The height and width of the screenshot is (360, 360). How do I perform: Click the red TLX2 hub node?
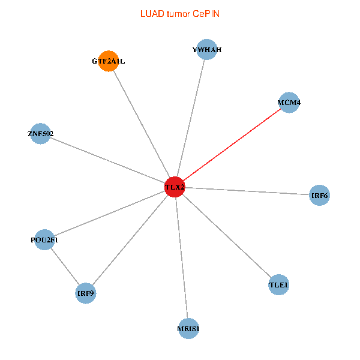(x=175, y=187)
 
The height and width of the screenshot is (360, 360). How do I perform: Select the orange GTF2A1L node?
(x=108, y=61)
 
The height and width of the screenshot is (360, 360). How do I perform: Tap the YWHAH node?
(x=207, y=50)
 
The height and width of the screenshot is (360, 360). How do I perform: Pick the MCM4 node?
(x=289, y=103)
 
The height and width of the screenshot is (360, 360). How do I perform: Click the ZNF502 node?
(x=40, y=133)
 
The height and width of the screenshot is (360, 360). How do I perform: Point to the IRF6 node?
(x=320, y=196)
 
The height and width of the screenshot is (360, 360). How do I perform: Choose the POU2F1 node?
(x=45, y=240)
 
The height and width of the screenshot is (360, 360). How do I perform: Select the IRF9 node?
(x=86, y=293)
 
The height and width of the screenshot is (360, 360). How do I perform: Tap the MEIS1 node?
(x=188, y=328)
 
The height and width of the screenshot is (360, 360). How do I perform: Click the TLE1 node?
(x=279, y=284)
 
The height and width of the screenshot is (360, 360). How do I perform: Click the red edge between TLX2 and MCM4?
(x=232, y=145)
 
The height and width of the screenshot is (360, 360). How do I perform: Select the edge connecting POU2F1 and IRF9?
(x=65, y=267)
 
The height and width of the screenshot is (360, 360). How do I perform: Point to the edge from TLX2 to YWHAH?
(x=191, y=119)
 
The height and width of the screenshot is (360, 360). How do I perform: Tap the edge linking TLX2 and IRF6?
(x=247, y=191)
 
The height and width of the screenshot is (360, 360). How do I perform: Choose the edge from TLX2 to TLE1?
(x=227, y=236)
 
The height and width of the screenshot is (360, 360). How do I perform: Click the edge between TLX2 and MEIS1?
(x=181, y=258)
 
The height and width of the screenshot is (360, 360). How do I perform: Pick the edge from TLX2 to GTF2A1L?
(x=141, y=124)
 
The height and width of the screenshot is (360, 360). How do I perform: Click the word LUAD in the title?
(x=151, y=13)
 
